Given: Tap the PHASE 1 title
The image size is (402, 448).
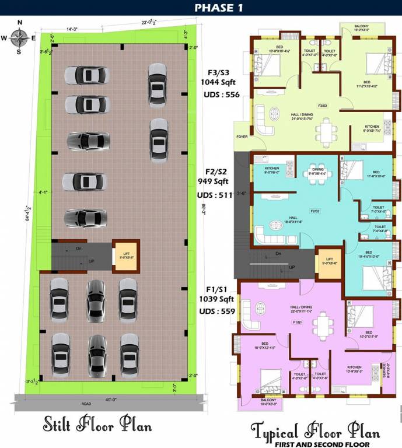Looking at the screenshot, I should click(201, 8).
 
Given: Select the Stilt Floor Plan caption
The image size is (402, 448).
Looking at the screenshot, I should click(97, 425).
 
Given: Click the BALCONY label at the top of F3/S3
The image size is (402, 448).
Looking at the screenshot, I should click(361, 26).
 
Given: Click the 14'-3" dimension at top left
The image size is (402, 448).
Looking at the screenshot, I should click(72, 28).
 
